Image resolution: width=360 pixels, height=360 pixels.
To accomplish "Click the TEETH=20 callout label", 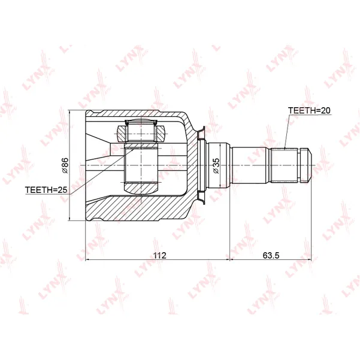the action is click(x=309, y=110).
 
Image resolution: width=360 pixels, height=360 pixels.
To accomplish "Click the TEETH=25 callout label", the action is click(x=46, y=190).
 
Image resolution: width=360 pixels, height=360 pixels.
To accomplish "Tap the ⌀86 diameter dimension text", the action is click(x=65, y=165).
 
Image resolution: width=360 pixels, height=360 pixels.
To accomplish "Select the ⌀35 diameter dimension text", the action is click(x=216, y=165).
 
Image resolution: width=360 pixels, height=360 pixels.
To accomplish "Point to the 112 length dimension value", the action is click(x=160, y=255).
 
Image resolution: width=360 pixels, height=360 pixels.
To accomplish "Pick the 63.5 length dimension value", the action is click(x=271, y=255).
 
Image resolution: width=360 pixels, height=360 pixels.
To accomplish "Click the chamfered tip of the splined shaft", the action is click(x=306, y=165).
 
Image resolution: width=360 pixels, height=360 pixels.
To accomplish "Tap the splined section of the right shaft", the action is click(x=285, y=165).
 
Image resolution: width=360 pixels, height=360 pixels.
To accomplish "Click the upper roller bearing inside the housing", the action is click(x=141, y=132).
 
